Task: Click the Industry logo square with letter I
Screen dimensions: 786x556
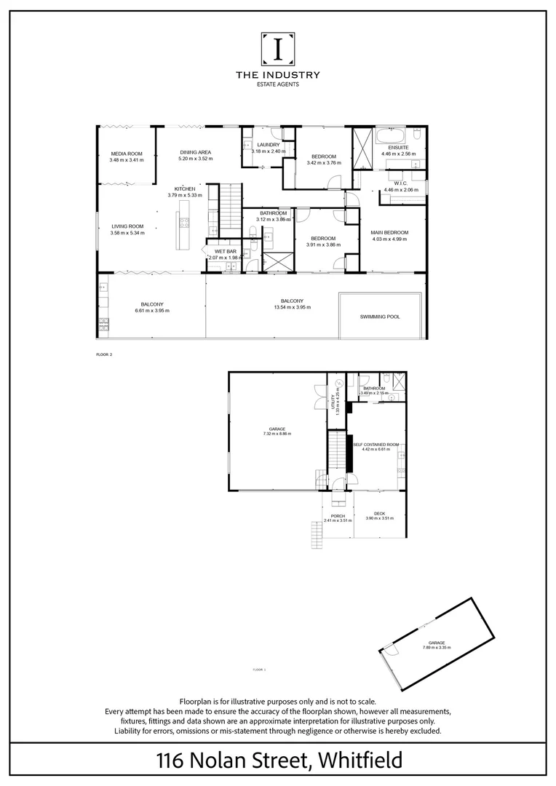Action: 278,48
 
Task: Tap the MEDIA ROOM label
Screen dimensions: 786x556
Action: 127,154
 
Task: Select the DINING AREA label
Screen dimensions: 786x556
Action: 195,152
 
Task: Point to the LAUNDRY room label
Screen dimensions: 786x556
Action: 265,145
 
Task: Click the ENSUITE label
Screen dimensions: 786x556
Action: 398,148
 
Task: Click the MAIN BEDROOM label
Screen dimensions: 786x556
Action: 390,232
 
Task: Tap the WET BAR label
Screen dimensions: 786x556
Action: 225,251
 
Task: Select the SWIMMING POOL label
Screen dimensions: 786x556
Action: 380,317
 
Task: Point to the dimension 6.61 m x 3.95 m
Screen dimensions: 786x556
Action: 152,311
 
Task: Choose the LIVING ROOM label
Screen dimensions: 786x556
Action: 127,226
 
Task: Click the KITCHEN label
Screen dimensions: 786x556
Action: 185,188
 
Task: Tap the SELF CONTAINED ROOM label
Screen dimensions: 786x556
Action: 376,443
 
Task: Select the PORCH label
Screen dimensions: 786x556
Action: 338,515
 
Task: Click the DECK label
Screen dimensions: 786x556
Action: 379,513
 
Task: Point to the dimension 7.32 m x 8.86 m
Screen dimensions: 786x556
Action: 277,434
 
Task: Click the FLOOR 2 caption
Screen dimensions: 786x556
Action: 105,354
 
